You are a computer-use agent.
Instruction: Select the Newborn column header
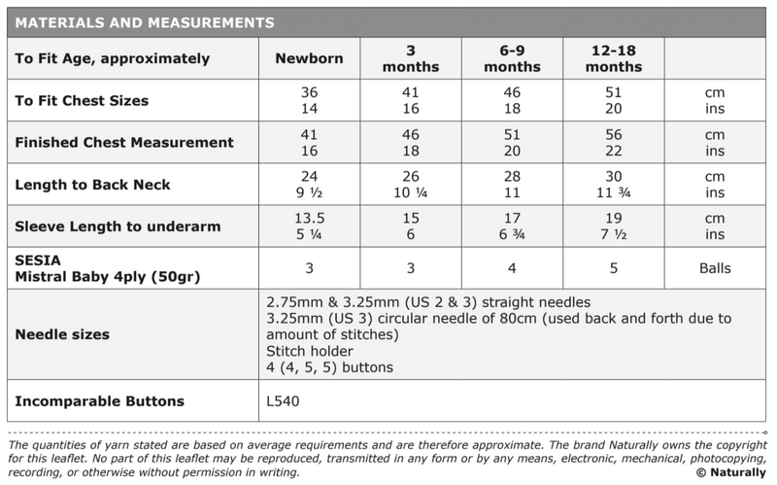pos(309,58)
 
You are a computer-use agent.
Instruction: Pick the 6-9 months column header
pos(512,58)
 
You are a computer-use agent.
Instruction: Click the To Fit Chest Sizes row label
pos(82,100)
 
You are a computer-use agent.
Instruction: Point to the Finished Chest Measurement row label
pos(124,142)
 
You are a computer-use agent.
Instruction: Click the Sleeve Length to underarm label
pos(118,225)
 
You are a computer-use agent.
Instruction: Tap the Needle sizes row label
pos(62,334)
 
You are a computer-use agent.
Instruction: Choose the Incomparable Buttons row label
pos(100,400)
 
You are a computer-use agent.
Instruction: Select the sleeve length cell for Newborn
pos(309,225)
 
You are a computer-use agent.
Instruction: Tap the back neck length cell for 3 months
pos(411,184)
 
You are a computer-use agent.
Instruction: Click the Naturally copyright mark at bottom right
pos(730,472)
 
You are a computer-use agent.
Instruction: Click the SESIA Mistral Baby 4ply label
pos(107,267)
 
